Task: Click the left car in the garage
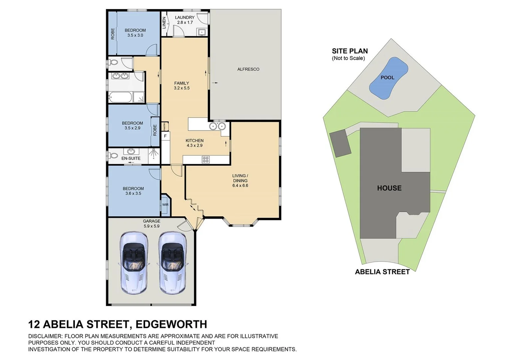click(x=133, y=263)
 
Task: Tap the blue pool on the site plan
click(x=388, y=78)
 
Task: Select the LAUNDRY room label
click(x=185, y=18)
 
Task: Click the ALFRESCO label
click(x=248, y=69)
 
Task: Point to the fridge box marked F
click(x=165, y=136)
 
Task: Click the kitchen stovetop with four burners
click(x=206, y=160)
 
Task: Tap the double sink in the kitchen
click(x=217, y=126)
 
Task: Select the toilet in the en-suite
click(x=113, y=156)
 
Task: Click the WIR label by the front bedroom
click(x=165, y=205)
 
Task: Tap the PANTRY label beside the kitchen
click(x=164, y=126)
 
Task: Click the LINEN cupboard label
click(x=164, y=22)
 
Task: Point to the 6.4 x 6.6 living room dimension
click(x=240, y=186)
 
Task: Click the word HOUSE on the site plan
click(x=389, y=188)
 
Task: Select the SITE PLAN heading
click(x=350, y=51)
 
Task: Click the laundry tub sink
click(x=202, y=32)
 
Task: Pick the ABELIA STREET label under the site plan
click(x=382, y=272)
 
